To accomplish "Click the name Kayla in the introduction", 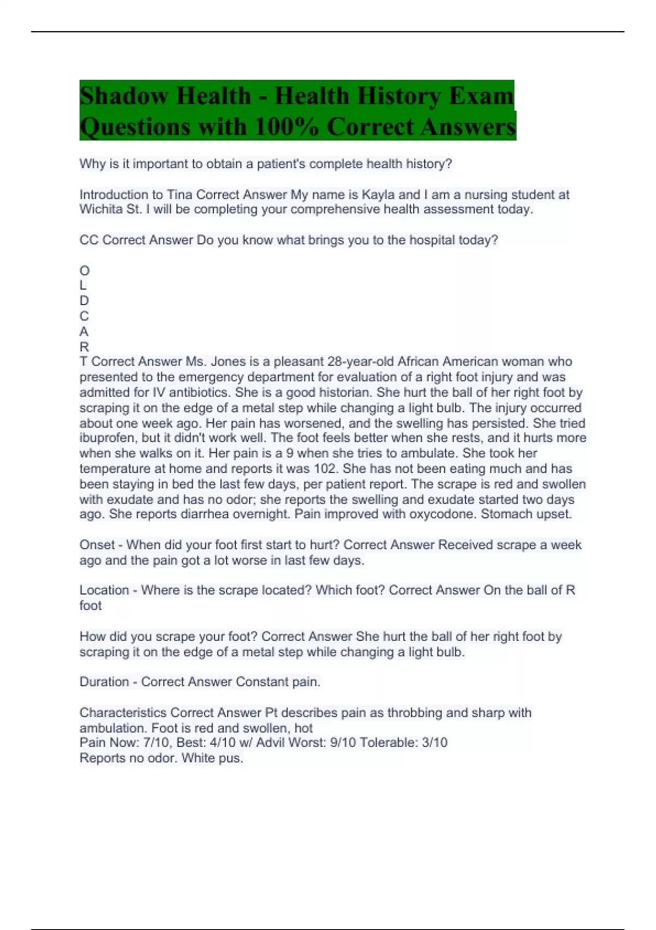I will click(378, 195).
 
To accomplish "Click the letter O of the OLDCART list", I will click(84, 271).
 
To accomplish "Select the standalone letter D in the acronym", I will click(84, 301).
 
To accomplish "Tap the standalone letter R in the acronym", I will click(84, 347).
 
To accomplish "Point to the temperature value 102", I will click(326, 469).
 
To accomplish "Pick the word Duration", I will click(104, 682).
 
